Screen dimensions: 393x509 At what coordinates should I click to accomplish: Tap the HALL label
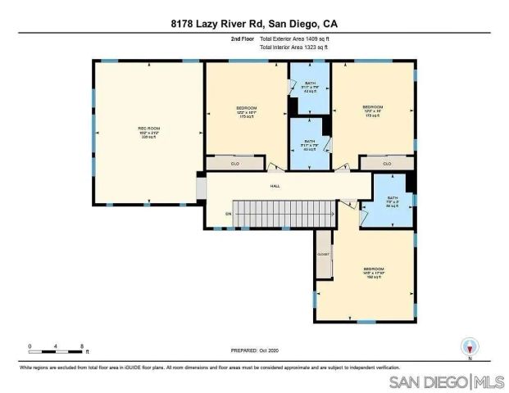coord(275,186)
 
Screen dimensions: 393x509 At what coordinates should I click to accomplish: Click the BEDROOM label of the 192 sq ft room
coord(374,269)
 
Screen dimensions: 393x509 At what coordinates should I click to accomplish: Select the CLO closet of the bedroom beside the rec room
coord(234,164)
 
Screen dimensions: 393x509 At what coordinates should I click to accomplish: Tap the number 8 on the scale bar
coord(82,346)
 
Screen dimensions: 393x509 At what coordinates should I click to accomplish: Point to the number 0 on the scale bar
coord(30,346)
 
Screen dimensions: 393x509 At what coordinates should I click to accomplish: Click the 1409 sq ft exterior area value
coord(316,38)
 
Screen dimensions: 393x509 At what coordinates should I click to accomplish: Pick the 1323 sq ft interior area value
coord(316,47)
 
